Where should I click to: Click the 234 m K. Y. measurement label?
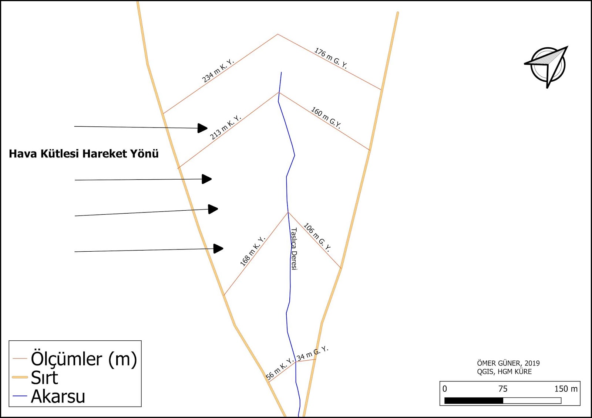click(218, 71)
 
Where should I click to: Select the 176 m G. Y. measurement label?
click(331, 58)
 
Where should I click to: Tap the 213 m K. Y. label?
click(225, 128)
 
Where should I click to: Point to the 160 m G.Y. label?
click(326, 118)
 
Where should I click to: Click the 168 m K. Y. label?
click(253, 251)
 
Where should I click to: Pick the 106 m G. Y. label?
click(317, 237)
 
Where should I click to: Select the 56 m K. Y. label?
click(280, 368)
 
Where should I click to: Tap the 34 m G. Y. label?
click(312, 353)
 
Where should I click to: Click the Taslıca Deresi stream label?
click(294, 249)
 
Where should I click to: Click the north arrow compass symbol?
click(547, 65)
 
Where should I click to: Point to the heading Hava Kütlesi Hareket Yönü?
click(84, 154)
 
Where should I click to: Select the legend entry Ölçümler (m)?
click(84, 359)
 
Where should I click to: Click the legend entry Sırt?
click(44, 378)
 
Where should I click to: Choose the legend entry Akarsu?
click(58, 397)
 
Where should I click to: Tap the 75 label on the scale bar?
click(502, 389)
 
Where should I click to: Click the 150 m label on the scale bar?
click(566, 389)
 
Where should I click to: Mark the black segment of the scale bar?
click(474, 401)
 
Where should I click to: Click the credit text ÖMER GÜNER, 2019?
click(508, 363)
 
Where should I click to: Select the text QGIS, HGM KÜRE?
click(504, 372)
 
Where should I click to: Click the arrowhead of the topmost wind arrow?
click(202, 128)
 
